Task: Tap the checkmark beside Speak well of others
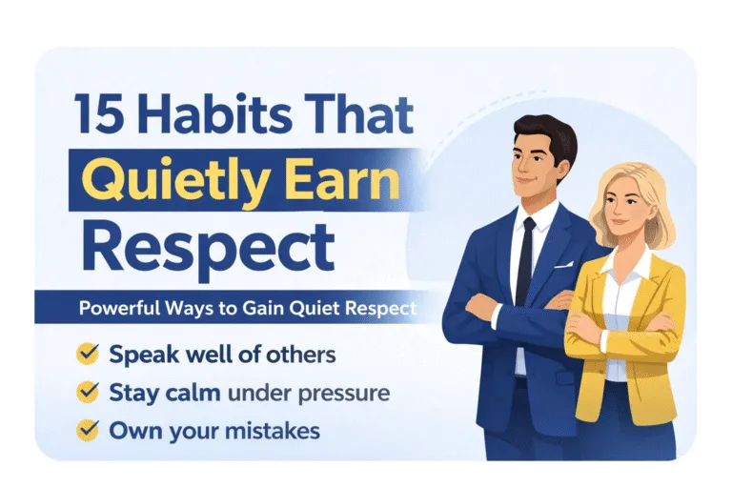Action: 88,356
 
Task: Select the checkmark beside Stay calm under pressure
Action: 88,392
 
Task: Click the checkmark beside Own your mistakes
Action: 88,429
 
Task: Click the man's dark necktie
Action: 524,257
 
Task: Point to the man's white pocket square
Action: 563,264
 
